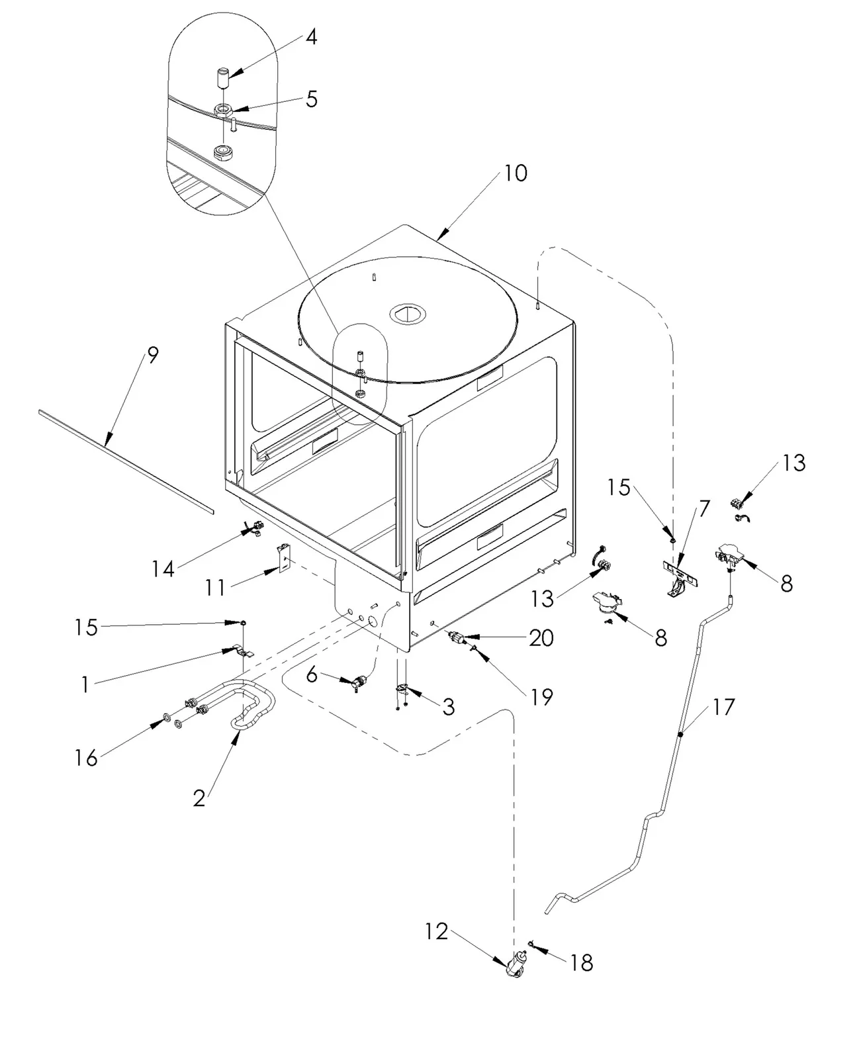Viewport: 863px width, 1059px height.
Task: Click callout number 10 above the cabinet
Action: click(516, 173)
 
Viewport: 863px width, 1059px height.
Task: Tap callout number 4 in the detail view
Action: click(311, 37)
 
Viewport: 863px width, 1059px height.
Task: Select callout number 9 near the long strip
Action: click(153, 355)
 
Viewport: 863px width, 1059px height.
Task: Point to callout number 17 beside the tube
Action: click(723, 707)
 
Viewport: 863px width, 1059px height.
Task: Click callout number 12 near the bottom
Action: click(437, 932)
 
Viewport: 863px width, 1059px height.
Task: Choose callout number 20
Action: click(541, 638)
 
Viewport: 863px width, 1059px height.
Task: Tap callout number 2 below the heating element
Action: click(199, 798)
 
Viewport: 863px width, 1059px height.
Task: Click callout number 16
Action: click(86, 759)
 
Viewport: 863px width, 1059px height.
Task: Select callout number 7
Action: click(704, 508)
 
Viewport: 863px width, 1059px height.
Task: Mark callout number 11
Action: click(215, 588)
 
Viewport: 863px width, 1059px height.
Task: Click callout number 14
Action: click(163, 569)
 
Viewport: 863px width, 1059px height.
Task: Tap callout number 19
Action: click(542, 697)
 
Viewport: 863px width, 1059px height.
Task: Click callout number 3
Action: click(449, 707)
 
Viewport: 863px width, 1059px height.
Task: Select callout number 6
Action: click(312, 674)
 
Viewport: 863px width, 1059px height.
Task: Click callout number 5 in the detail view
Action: click(312, 99)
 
